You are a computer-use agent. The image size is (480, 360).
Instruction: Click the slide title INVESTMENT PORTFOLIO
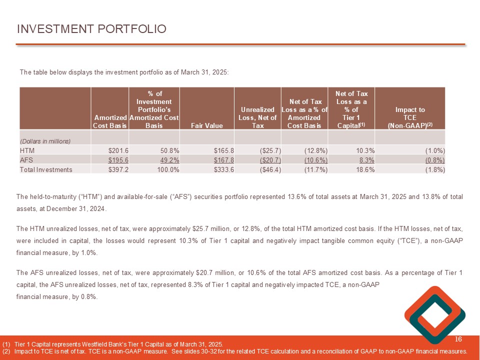coord(91,29)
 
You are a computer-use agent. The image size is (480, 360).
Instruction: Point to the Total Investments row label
coord(46,169)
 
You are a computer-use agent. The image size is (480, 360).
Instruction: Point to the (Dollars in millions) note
coord(45,141)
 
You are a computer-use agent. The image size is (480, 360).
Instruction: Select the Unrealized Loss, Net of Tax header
coord(258,117)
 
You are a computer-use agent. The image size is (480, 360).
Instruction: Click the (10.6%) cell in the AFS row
coord(316,160)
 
